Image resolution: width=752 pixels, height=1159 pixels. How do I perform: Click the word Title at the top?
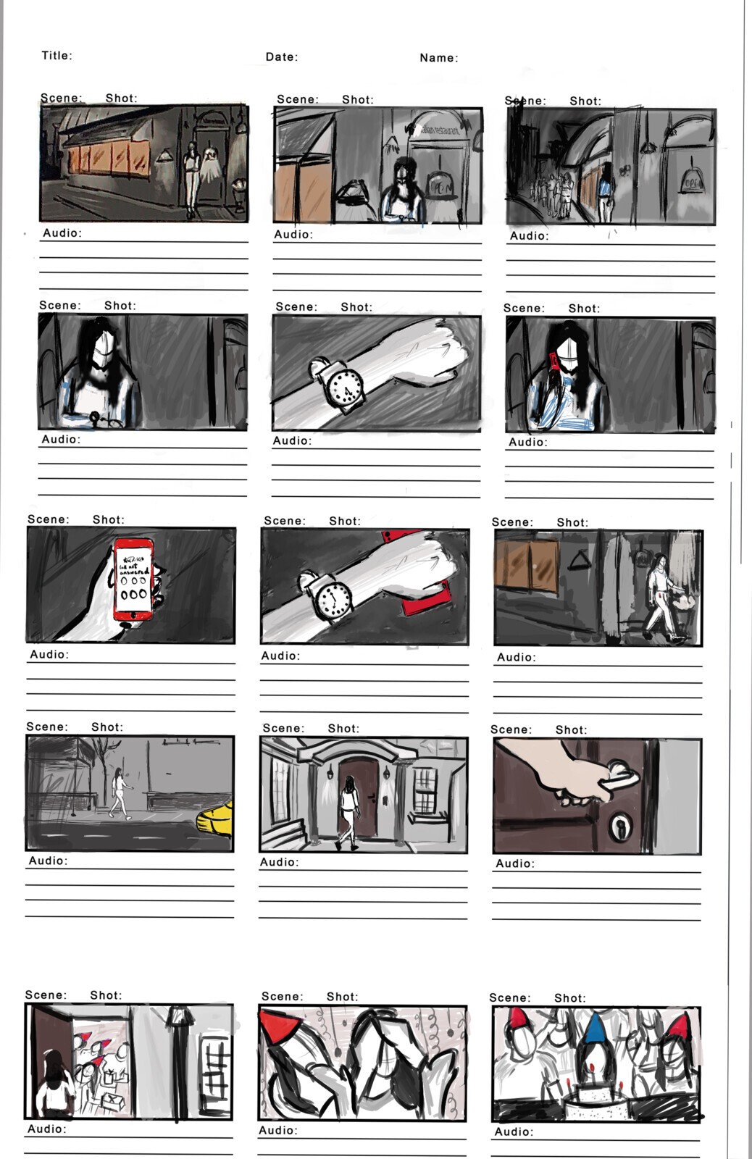pyautogui.click(x=57, y=56)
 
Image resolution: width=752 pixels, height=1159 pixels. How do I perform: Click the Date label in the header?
pyautogui.click(x=281, y=57)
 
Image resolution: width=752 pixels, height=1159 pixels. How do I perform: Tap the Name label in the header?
pyautogui.click(x=438, y=58)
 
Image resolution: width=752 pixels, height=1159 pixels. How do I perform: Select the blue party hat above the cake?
pyautogui.click(x=594, y=1029)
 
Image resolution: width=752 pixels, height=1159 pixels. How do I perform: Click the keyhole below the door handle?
pyautogui.click(x=620, y=826)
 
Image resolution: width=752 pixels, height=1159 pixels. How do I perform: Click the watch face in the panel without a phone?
pyautogui.click(x=343, y=388)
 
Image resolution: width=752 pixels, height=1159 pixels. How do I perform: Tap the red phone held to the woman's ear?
pyautogui.click(x=554, y=361)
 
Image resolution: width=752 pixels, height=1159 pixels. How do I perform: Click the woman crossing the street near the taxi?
pyautogui.click(x=119, y=793)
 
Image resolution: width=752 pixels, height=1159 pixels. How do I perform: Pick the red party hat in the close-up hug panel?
pyautogui.click(x=282, y=1028)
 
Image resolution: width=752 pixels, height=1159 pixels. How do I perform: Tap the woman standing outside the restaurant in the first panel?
pyautogui.click(x=191, y=177)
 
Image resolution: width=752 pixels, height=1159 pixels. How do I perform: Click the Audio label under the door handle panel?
pyautogui.click(x=515, y=863)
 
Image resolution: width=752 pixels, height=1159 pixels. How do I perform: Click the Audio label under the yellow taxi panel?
pyautogui.click(x=48, y=861)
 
